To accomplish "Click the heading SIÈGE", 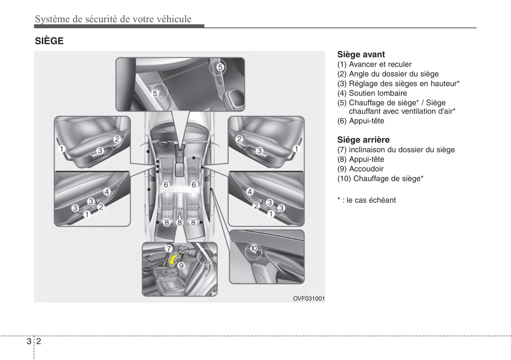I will point(49,41).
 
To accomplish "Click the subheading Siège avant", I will point(361,54).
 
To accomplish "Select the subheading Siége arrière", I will point(363,140).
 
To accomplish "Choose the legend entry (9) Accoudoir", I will point(360,169).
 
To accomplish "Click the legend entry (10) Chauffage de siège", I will point(380,178).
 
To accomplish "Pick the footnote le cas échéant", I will point(366,200).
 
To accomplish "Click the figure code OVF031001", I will point(308,299).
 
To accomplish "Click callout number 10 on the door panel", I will point(254,249).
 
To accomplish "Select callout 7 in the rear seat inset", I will point(168,248).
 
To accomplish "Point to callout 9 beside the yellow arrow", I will point(181,266).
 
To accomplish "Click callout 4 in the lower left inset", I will point(107,192).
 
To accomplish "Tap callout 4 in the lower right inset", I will point(250,192).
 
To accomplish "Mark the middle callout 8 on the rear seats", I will point(180,223).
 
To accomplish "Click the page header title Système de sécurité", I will point(113,19).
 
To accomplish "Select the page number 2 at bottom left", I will point(38,341).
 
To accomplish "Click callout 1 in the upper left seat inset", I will point(62,149).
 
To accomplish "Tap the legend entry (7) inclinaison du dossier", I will point(396,150).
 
